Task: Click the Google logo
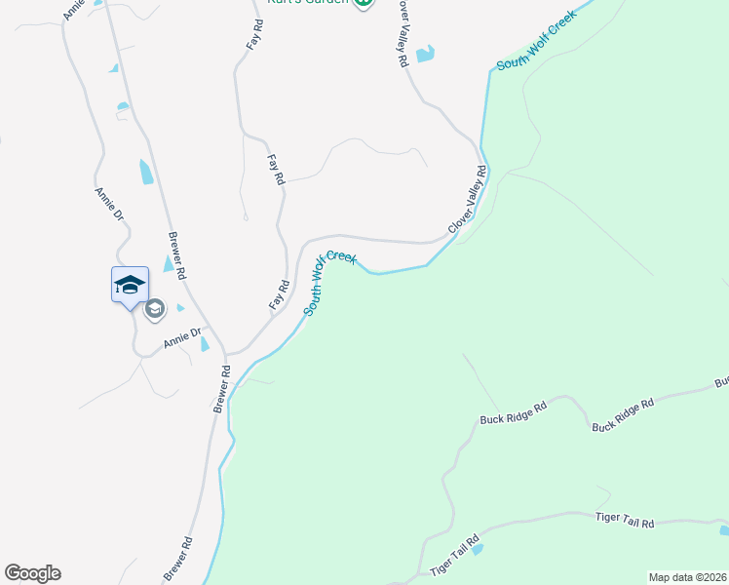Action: tap(32, 573)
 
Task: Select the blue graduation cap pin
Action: tap(130, 286)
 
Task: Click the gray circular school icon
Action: tap(154, 310)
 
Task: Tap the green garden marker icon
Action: tap(364, 3)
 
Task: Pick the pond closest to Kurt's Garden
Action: tap(425, 55)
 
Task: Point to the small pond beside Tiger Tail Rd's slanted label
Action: tap(477, 549)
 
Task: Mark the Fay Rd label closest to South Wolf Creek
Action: tap(279, 296)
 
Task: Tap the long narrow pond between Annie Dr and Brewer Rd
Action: tap(146, 173)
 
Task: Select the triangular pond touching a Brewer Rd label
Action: tap(170, 263)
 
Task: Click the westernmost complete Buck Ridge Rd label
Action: tap(515, 411)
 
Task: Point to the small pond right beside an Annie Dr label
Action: tap(205, 344)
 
